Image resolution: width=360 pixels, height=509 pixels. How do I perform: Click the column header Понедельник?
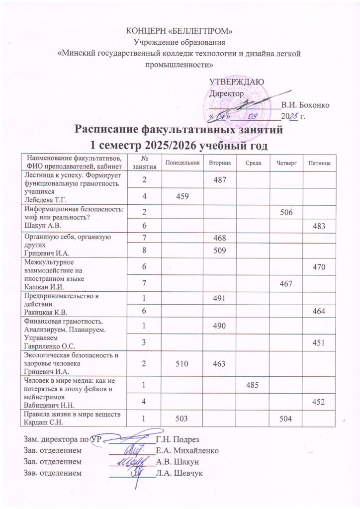(x=182, y=163)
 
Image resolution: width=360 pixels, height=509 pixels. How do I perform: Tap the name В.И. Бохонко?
(x=304, y=105)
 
